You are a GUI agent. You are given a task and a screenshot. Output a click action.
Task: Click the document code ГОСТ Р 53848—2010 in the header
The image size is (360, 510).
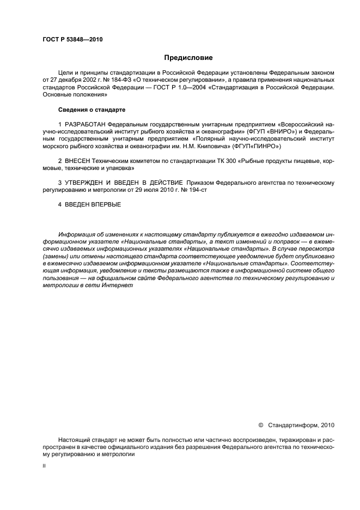pyautogui.click(x=72, y=40)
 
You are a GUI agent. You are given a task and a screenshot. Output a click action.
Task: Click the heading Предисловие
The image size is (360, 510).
pyautogui.click(x=188, y=58)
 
